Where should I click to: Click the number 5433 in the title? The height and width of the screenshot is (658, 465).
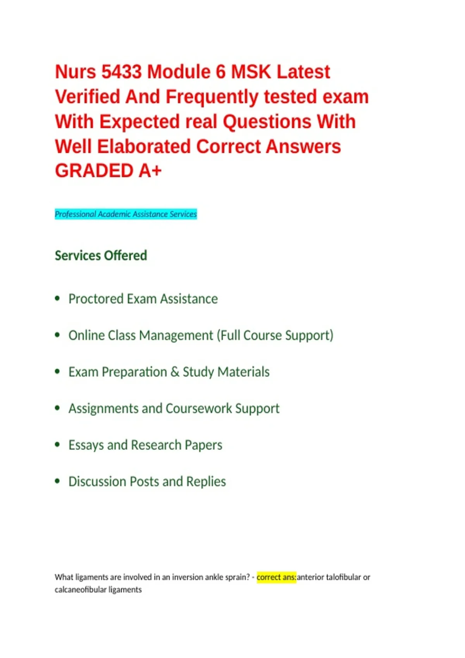tap(121, 72)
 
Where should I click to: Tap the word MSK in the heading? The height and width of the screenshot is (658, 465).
tap(251, 72)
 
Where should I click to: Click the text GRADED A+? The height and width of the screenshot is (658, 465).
tap(108, 171)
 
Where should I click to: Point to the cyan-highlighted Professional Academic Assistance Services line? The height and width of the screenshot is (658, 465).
tap(126, 214)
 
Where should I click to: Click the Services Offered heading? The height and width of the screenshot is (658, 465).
tap(101, 255)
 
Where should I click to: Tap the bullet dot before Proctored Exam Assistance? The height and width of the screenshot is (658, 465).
tap(57, 298)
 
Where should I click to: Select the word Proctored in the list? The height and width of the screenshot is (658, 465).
tap(96, 299)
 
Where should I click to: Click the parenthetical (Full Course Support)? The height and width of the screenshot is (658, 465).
tap(275, 336)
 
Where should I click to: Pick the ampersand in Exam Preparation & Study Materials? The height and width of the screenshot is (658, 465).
tap(175, 372)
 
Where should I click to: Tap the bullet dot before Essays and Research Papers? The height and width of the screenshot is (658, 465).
tap(57, 444)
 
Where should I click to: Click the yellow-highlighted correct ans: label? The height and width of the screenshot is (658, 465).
tap(276, 577)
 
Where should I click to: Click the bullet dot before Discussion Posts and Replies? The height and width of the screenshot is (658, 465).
tap(57, 481)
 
